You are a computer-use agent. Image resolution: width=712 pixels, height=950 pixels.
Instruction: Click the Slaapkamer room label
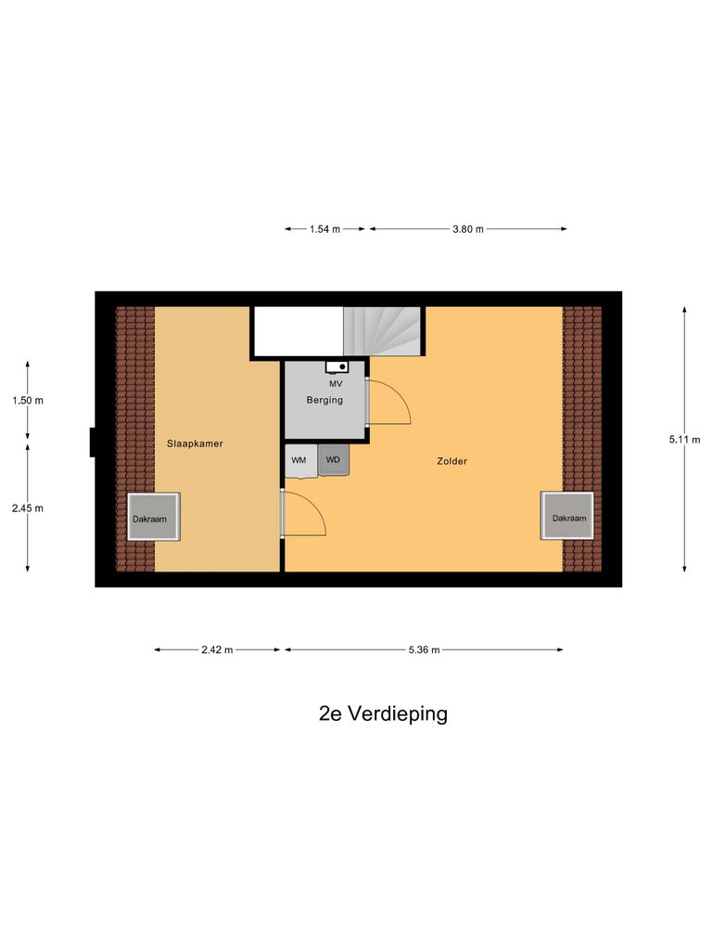pos(195,443)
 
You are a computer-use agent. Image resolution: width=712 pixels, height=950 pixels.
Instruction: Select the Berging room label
pos(325,400)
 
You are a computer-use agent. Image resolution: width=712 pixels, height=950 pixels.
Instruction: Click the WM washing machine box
pos(299,460)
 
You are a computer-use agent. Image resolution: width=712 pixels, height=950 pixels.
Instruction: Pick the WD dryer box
pos(333,460)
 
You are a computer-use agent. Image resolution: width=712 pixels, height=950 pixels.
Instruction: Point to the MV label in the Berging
pos(335,383)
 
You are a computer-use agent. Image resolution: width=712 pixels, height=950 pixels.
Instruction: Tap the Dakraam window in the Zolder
pos(568,518)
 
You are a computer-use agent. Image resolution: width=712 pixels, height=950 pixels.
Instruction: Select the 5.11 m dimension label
pos(684,440)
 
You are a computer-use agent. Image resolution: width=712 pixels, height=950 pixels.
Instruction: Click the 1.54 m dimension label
pos(324,228)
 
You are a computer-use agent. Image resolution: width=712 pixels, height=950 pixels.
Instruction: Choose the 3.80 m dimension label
pos(468,228)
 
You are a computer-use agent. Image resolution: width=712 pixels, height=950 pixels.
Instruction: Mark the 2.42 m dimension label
pos(217,649)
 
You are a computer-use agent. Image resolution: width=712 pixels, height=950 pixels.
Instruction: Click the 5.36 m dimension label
pos(423,649)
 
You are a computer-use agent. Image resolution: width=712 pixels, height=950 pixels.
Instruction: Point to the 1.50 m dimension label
pos(28,400)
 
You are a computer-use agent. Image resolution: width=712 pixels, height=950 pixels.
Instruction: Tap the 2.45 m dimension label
pos(28,507)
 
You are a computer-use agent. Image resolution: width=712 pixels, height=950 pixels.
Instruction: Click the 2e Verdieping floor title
pos(383,713)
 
